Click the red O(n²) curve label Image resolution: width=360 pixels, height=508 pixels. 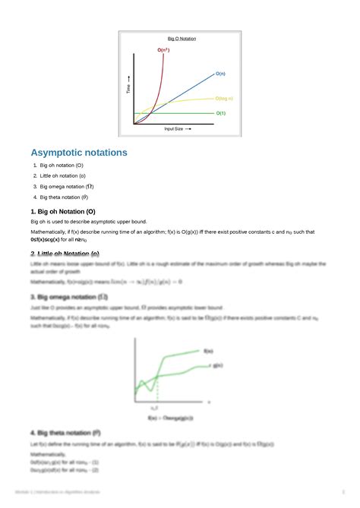point(163,50)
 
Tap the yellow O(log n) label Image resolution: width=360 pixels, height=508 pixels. point(223,99)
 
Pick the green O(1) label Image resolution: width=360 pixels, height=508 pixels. point(220,112)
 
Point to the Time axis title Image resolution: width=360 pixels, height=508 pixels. point(128,85)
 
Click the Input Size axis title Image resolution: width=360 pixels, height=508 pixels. point(177,129)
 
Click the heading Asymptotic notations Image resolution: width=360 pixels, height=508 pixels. point(79,153)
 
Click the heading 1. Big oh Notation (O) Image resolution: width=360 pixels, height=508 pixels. point(63,211)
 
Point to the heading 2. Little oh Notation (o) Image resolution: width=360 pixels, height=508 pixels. point(65,254)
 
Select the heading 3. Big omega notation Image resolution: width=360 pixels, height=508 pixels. point(68,296)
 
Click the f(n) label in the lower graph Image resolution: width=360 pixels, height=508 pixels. point(208,351)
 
